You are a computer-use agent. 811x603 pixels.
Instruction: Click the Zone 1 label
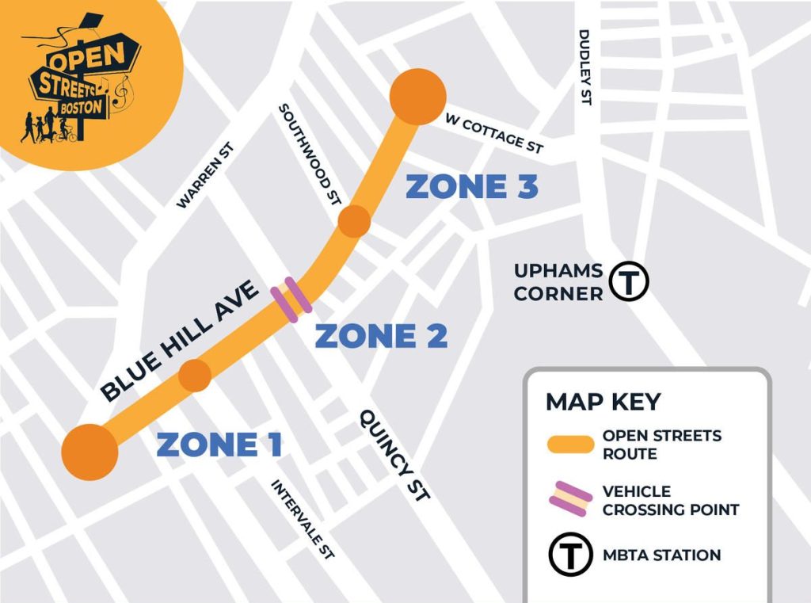[x=219, y=445]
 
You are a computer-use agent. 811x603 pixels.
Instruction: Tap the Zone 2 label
[x=381, y=337]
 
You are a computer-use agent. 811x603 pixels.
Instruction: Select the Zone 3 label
[x=472, y=187]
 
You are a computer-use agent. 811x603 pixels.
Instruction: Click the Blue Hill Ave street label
[x=180, y=341]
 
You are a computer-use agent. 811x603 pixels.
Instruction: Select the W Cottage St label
[x=494, y=134]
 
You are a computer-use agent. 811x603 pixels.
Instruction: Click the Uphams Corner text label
[x=558, y=282]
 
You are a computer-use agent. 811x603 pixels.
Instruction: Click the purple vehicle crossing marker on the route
[x=291, y=300]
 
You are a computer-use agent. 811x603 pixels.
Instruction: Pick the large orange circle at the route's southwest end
[x=90, y=452]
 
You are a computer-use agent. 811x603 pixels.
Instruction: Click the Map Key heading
[x=603, y=401]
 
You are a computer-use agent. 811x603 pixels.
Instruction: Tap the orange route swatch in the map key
[x=570, y=445]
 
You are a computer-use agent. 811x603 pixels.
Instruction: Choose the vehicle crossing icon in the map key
[x=570, y=500]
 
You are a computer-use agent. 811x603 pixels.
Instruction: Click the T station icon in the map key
[x=570, y=555]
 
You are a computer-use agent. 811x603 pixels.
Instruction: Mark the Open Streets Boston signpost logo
[x=79, y=83]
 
